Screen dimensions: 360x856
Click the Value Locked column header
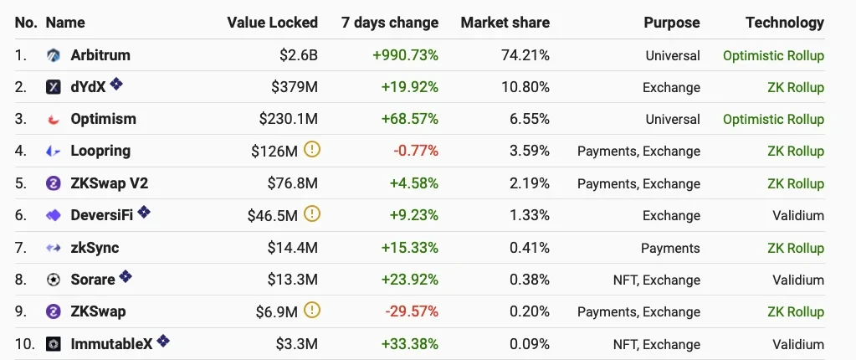272,23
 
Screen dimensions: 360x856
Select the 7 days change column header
389,23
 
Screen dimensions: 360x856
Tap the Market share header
505,23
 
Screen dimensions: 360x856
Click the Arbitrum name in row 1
100,55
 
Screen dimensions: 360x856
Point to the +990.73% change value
405,55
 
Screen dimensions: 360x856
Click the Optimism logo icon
54,120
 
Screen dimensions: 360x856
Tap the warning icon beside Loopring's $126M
312,151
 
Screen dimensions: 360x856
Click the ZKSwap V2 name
109,183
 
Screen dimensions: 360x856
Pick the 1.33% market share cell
531,216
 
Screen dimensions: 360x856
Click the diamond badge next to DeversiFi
144,213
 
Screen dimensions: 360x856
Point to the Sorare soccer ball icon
54,280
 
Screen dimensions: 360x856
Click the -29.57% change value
412,312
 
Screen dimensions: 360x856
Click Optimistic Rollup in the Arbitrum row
773,55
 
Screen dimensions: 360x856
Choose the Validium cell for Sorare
798,280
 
